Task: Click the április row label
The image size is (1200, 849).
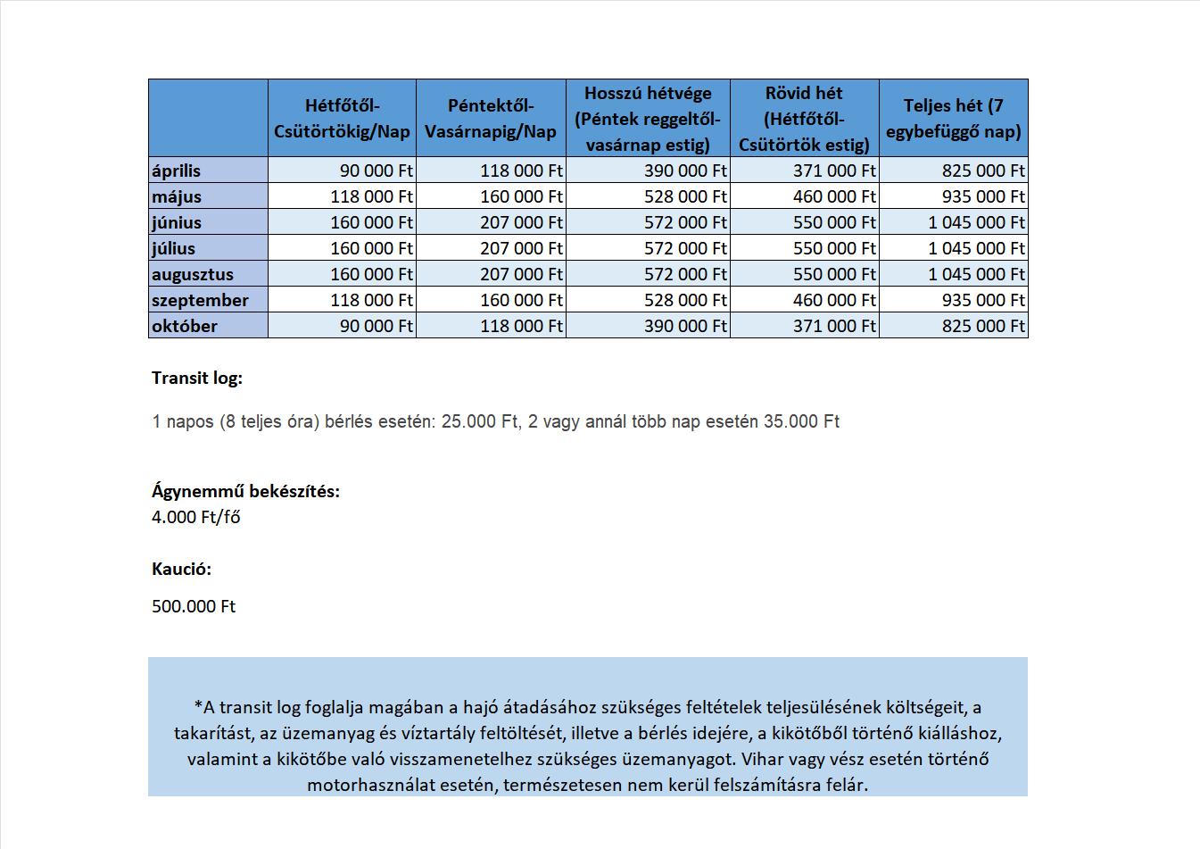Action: pos(177,171)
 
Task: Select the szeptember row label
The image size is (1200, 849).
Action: pos(200,300)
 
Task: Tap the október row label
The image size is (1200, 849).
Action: pos(185,326)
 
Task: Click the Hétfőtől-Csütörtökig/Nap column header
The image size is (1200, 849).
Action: pos(342,119)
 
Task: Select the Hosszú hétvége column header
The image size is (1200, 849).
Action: pos(648,119)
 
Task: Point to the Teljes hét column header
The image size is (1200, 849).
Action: pos(953,119)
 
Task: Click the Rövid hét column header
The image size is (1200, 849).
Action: pos(804,119)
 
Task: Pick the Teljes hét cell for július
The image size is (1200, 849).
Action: pos(976,248)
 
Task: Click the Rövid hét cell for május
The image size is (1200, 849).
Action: pos(834,196)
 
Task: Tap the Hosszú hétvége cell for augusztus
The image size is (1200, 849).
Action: pos(685,274)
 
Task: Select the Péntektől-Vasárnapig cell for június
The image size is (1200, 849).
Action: pos(521,222)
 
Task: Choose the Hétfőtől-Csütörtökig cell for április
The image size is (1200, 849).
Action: pos(376,171)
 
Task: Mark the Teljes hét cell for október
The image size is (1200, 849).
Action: pos(983,326)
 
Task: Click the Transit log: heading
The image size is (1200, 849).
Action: pos(197,378)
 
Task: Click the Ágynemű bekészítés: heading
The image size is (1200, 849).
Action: pos(245,491)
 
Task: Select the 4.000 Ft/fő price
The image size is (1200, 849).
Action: pos(196,517)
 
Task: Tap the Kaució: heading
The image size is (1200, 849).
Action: pos(181,569)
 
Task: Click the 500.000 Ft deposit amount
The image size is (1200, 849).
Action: pos(194,606)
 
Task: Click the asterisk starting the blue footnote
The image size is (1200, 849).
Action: pos(198,706)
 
